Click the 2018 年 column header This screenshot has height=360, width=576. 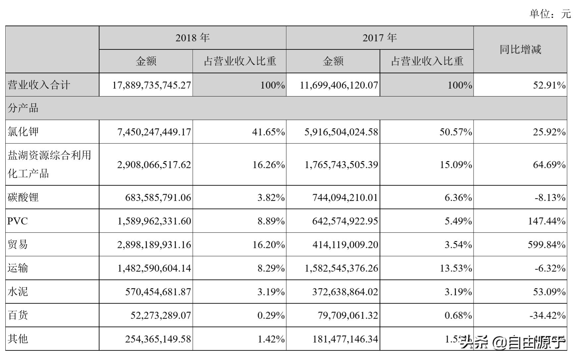point(192,38)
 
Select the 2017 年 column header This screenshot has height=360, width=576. point(379,38)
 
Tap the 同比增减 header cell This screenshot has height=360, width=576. point(520,50)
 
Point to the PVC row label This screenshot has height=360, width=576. point(18,221)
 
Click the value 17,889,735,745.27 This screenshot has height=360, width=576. point(151,85)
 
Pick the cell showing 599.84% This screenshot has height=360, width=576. point(547,245)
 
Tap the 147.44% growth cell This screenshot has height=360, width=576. point(547,221)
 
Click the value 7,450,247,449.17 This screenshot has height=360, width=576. point(154,132)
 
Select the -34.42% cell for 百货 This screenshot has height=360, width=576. point(547,315)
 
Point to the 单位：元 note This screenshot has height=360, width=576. point(550,14)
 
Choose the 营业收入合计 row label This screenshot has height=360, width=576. point(39,85)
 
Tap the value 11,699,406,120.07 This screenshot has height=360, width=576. point(339,85)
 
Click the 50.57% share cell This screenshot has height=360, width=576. point(456,132)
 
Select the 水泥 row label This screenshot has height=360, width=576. point(18,292)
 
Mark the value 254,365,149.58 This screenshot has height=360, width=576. point(158,339)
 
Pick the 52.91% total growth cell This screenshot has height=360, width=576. point(549,85)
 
